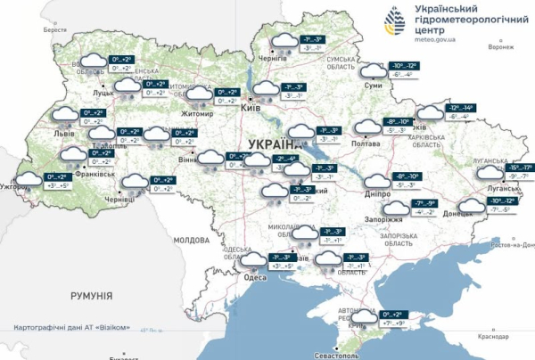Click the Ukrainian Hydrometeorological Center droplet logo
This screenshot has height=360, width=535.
point(392,22)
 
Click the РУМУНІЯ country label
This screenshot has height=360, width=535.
point(91,294)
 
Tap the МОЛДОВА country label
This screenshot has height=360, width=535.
point(191,241)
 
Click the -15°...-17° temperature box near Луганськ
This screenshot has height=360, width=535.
point(515,168)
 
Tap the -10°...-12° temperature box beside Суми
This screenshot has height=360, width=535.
point(406,66)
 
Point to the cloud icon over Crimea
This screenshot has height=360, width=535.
point(364,319)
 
